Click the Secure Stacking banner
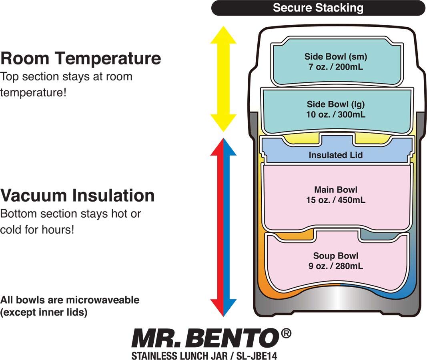[x=318, y=8]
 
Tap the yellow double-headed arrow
[x=223, y=80]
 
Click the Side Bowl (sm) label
[x=336, y=56]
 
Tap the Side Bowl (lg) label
[x=336, y=104]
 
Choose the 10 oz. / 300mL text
[x=336, y=114]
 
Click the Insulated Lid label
[x=336, y=155]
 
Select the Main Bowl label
[x=336, y=190]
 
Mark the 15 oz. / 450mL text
[x=336, y=200]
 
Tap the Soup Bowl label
[x=336, y=256]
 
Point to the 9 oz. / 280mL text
[x=336, y=266]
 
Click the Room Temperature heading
[x=80, y=58]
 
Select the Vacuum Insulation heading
[x=77, y=196]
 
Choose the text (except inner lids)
[x=44, y=312]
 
